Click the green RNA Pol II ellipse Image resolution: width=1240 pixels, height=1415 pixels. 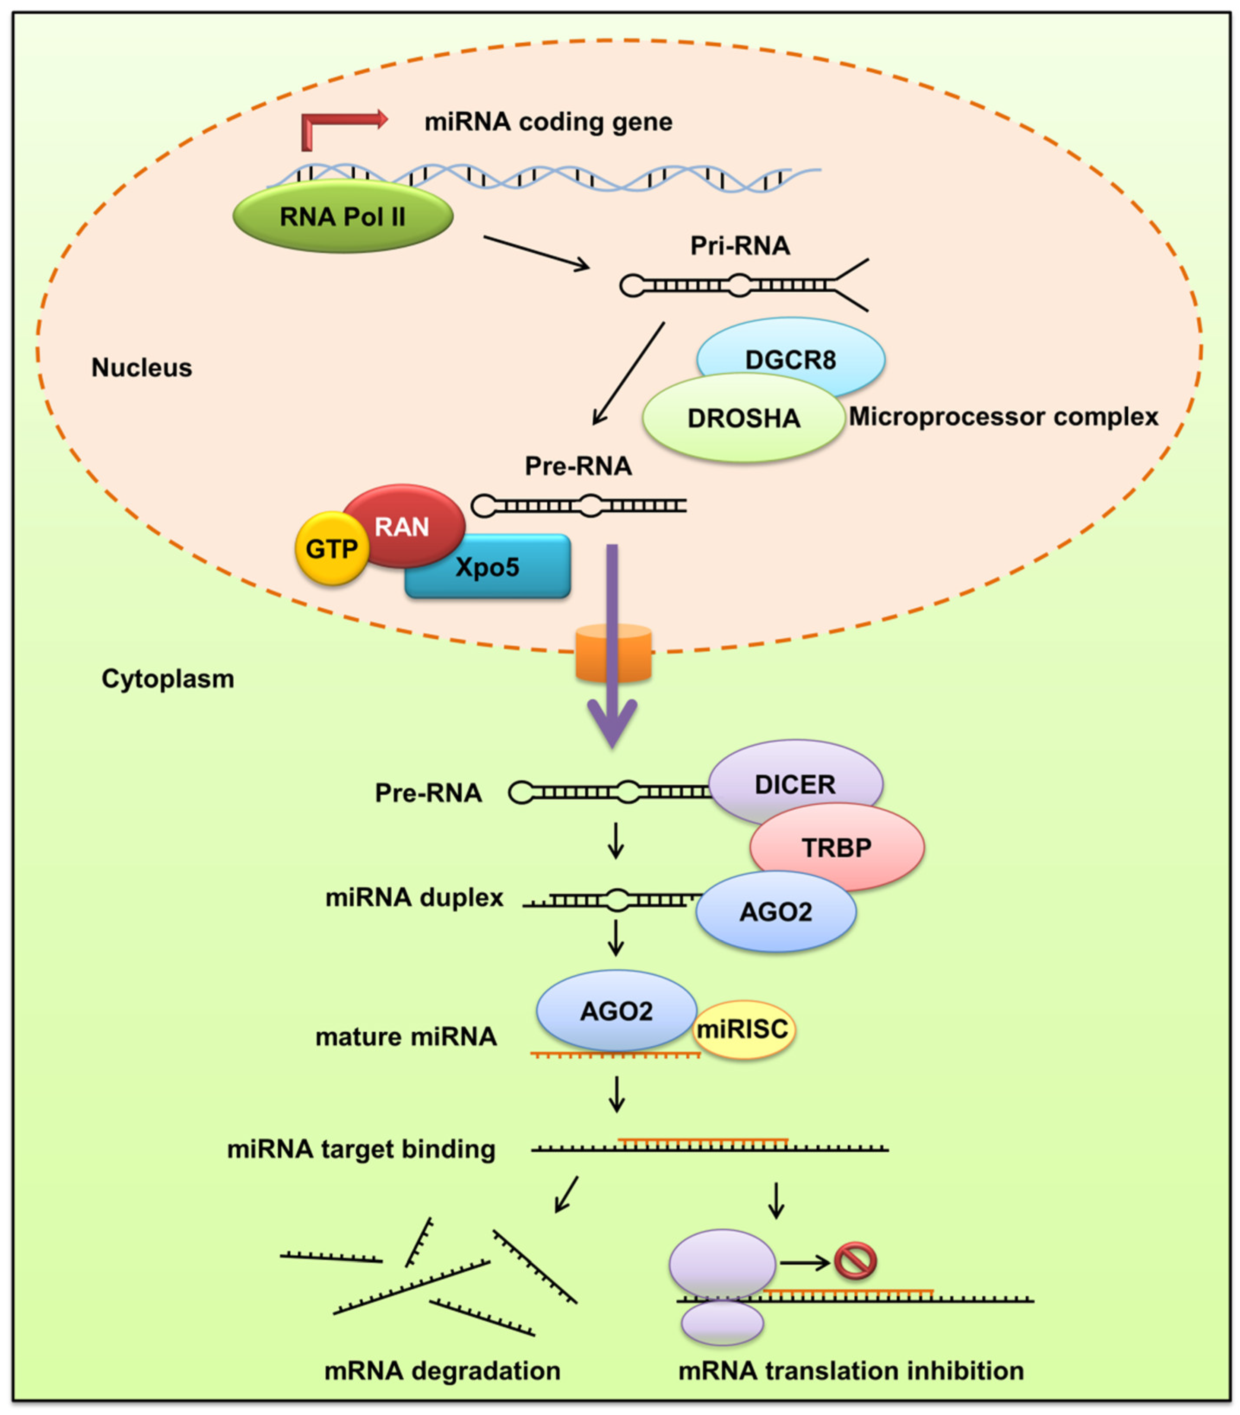343,216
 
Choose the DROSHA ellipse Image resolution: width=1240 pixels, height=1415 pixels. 743,418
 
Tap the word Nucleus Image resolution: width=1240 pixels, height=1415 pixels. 142,368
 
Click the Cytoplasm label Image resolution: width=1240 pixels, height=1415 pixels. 168,679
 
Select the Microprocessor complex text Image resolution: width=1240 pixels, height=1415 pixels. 1003,416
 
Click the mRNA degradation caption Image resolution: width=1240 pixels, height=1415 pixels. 442,1370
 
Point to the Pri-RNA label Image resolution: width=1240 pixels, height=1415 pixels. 740,246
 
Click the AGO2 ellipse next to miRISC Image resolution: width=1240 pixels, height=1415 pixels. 616,1010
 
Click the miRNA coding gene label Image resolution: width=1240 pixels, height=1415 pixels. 548,122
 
